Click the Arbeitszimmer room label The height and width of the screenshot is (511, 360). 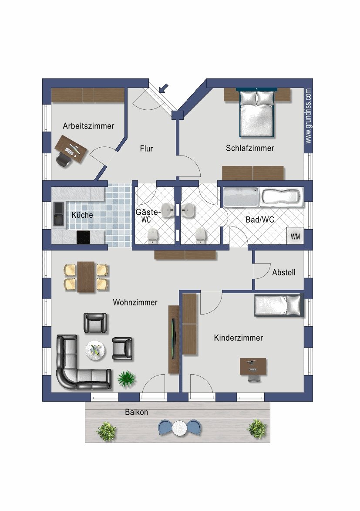(x=88, y=126)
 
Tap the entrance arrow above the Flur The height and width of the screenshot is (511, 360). (x=164, y=88)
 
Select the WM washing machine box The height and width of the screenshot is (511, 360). (x=295, y=236)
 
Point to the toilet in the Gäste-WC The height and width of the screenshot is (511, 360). (x=153, y=236)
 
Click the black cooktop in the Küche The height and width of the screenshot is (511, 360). (x=83, y=237)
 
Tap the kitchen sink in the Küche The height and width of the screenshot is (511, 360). (x=59, y=214)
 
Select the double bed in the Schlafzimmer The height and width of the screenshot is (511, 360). (x=256, y=113)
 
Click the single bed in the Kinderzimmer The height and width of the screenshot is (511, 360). (x=279, y=305)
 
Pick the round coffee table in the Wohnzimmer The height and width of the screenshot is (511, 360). (x=95, y=351)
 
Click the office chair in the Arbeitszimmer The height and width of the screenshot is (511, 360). (x=64, y=159)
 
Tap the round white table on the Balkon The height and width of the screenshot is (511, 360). (x=179, y=428)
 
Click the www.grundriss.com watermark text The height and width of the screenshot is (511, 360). (x=308, y=116)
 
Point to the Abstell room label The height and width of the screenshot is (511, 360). (x=284, y=272)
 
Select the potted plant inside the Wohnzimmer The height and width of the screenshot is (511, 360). (x=126, y=379)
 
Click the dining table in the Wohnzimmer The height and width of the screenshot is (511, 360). (x=86, y=277)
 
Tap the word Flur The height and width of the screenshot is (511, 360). (x=146, y=149)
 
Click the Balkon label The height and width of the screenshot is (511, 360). (x=137, y=412)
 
